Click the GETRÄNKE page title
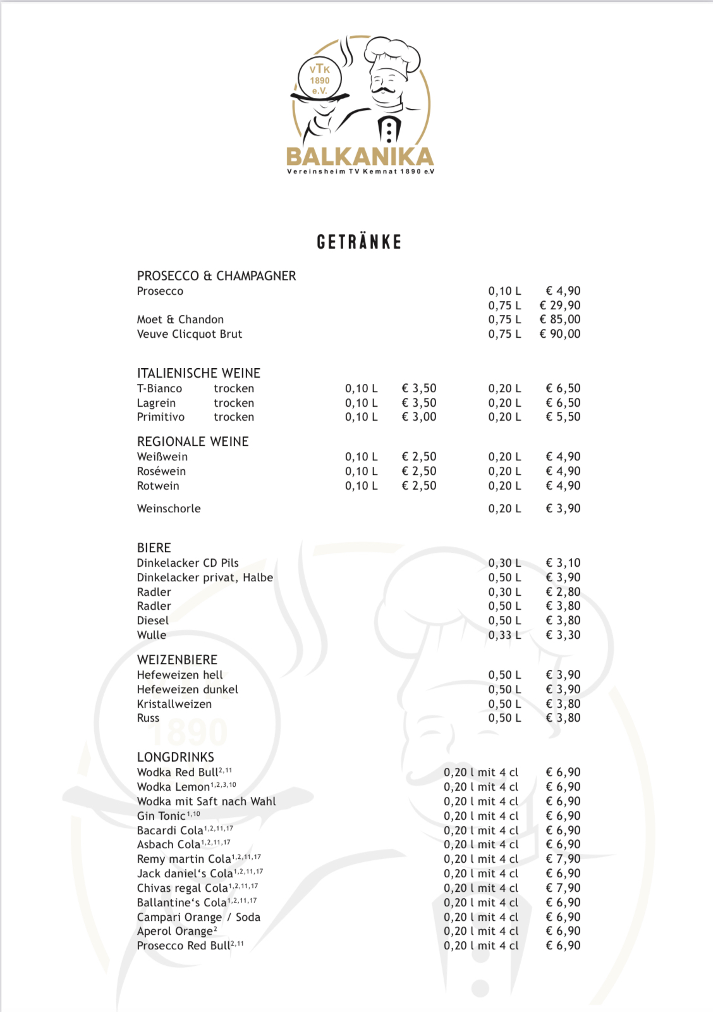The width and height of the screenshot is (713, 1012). (359, 242)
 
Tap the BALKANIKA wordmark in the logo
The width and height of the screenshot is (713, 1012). (360, 156)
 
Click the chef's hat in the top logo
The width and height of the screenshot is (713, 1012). (393, 53)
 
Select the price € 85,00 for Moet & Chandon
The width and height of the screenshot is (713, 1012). (560, 319)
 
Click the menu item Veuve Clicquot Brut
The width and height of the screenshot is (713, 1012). (189, 334)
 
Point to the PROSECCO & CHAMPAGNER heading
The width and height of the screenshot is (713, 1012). (216, 276)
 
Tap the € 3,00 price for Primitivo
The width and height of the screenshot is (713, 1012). (419, 417)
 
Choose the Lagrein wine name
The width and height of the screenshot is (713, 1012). (156, 403)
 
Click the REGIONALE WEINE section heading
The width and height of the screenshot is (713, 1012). (193, 441)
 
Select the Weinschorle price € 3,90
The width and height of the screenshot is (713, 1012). (563, 509)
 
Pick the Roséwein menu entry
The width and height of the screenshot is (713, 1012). (161, 471)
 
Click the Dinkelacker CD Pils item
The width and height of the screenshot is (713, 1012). (188, 563)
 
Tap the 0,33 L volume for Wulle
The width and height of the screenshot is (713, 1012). (504, 635)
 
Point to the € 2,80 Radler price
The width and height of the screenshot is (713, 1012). (563, 592)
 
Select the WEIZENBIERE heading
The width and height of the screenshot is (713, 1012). (177, 660)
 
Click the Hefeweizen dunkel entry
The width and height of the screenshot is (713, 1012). (187, 689)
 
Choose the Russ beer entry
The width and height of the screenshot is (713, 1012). (148, 718)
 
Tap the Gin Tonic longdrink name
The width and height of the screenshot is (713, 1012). (161, 816)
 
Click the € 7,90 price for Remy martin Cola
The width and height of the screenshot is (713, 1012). (563, 859)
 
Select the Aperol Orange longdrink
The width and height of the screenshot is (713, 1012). (175, 931)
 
